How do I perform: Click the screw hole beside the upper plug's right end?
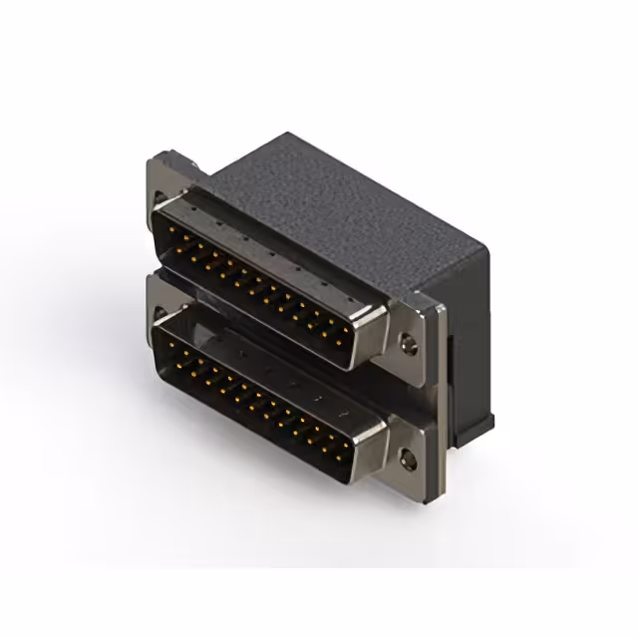[x=406, y=346]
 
